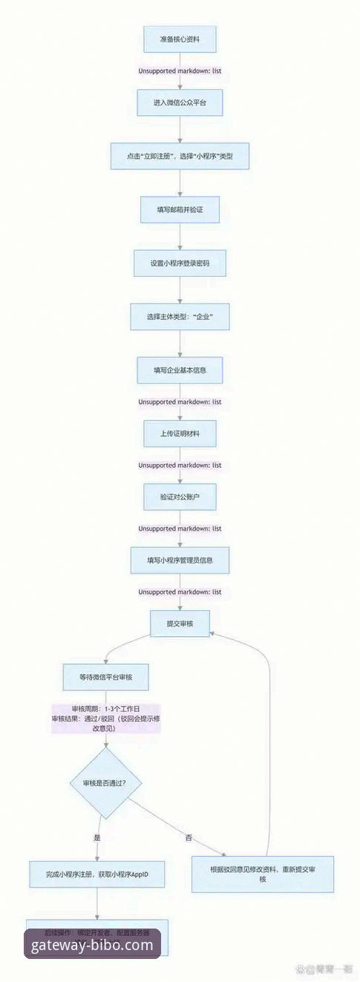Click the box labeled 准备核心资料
coord(180,39)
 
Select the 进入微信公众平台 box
coord(180,102)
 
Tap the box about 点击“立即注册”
coord(180,156)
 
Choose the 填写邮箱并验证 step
coord(180,210)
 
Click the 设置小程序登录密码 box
coord(180,263)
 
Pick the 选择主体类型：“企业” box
coord(180,316)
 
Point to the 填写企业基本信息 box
coord(180,370)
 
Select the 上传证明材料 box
coord(180,433)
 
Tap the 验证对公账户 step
coord(180,497)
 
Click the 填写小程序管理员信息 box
coord(180,560)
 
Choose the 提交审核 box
coord(180,623)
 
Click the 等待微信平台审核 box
coord(107,677)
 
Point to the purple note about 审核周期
coord(107,719)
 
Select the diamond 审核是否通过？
coord(107,783)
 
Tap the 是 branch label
coord(96,837)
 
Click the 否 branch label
coord(189,837)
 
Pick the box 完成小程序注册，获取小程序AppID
coord(97,874)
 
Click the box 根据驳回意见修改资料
coord(263,874)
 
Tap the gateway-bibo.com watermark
coord(92,945)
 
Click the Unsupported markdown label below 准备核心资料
coord(180,71)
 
